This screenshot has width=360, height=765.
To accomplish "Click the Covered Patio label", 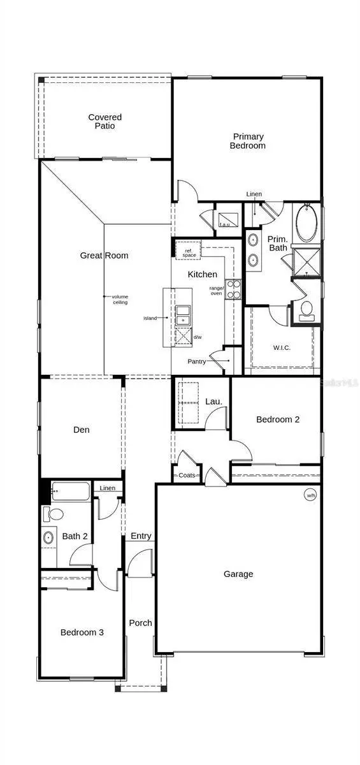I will tap(104, 121).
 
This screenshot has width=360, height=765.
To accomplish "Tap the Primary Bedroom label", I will tap(248, 141).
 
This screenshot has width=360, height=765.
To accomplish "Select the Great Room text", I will tap(104, 256).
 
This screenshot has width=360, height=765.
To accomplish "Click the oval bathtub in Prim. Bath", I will tap(306, 222).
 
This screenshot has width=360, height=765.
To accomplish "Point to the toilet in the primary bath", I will tap(306, 310).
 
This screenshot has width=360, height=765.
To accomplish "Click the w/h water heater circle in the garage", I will tap(310, 495).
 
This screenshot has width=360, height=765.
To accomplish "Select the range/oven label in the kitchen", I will tap(216, 291).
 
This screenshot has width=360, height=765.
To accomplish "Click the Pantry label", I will tap(196, 361).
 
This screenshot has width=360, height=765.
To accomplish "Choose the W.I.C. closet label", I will tap(282, 348).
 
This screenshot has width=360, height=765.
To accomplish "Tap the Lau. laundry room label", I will tap(213, 401).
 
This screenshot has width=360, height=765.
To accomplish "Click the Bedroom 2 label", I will tap(278, 419).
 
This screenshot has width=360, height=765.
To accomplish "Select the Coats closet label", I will tap(187, 476).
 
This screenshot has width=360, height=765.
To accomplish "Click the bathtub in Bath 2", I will tap(71, 492).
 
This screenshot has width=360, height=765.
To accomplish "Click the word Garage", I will tap(238, 574).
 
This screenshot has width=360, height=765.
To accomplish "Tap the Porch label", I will tap(140, 623).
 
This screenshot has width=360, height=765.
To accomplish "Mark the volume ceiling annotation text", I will tap(120, 300).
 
